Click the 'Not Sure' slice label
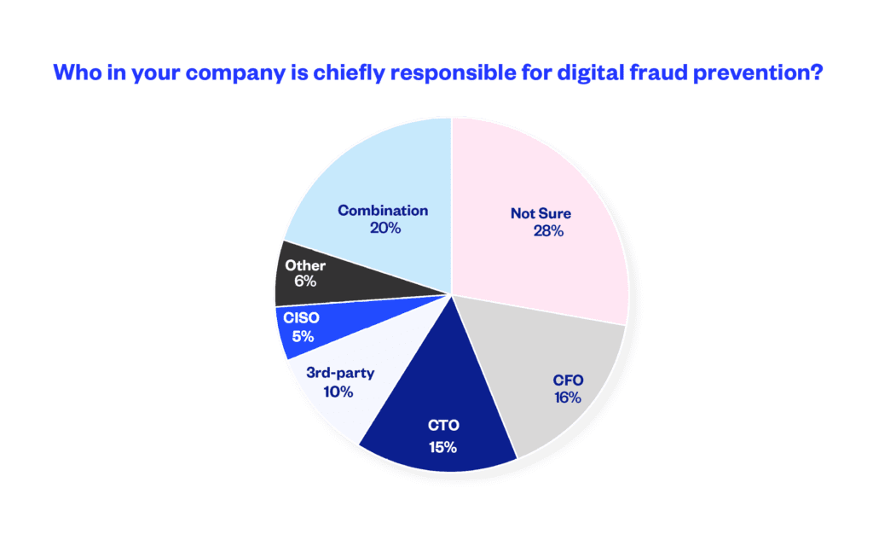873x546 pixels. (x=541, y=213)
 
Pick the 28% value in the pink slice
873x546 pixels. (x=546, y=231)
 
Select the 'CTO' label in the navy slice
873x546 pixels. (x=442, y=424)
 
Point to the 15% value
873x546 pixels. (x=442, y=447)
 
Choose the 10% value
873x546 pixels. (x=338, y=392)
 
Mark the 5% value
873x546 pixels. (x=303, y=336)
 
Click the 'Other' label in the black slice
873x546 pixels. (x=305, y=265)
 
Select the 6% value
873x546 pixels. (x=305, y=282)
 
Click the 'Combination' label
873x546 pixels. (x=383, y=210)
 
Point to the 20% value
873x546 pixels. (x=384, y=228)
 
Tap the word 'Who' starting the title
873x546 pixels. (x=73, y=73)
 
